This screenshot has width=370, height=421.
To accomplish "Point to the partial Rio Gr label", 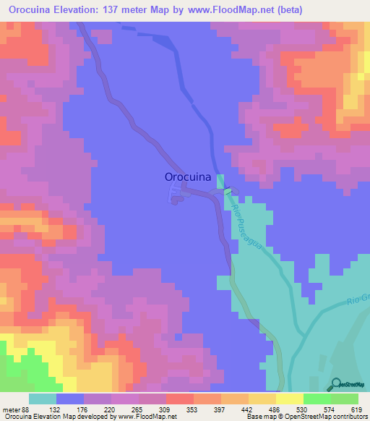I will coord(357,300).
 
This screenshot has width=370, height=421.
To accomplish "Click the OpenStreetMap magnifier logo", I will coord(337,384).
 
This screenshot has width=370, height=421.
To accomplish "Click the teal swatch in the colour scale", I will coord(43,399).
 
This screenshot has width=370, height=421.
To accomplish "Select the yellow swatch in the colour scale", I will coord(289,399).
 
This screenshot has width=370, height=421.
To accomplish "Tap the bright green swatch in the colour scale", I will coord(317,399).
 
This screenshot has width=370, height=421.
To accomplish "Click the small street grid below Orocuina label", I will coord(176,194).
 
